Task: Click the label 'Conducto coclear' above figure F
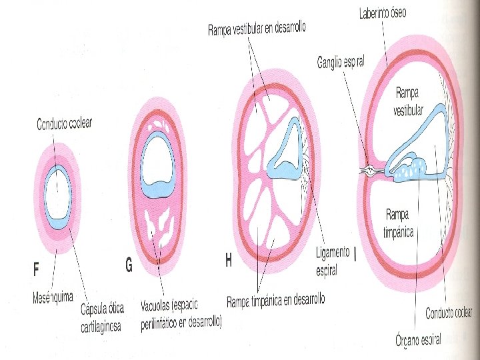coord(64,123)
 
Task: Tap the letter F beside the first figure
coord(37,269)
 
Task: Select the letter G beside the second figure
coord(129,265)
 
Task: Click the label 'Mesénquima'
coord(53,297)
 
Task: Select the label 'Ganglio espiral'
coord(340,63)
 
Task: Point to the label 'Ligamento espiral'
coord(332,261)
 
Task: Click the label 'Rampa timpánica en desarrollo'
coord(275,301)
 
